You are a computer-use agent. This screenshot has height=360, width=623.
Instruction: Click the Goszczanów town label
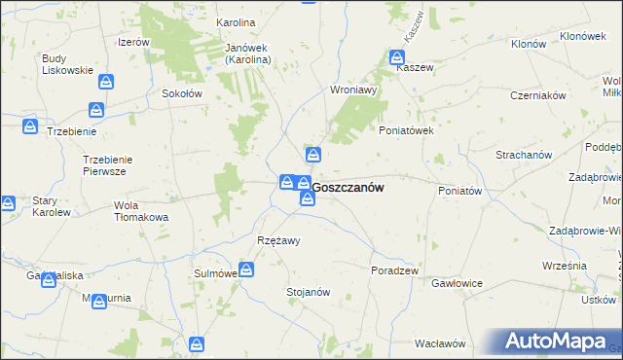click(x=348, y=188)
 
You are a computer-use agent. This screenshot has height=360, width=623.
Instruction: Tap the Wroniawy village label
click(x=353, y=90)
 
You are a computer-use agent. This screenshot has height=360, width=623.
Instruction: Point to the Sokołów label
click(x=181, y=94)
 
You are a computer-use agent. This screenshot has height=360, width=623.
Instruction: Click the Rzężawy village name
click(x=278, y=240)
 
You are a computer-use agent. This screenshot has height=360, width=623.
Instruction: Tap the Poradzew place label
click(x=394, y=270)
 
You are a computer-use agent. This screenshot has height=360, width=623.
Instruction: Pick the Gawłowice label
click(x=458, y=282)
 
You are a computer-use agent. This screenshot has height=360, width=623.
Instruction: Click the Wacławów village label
click(x=440, y=343)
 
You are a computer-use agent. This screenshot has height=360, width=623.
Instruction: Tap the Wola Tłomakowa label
click(x=141, y=211)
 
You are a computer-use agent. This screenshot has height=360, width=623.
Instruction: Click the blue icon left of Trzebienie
click(x=31, y=126)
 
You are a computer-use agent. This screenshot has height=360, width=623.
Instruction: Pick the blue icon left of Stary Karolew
click(x=7, y=203)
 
